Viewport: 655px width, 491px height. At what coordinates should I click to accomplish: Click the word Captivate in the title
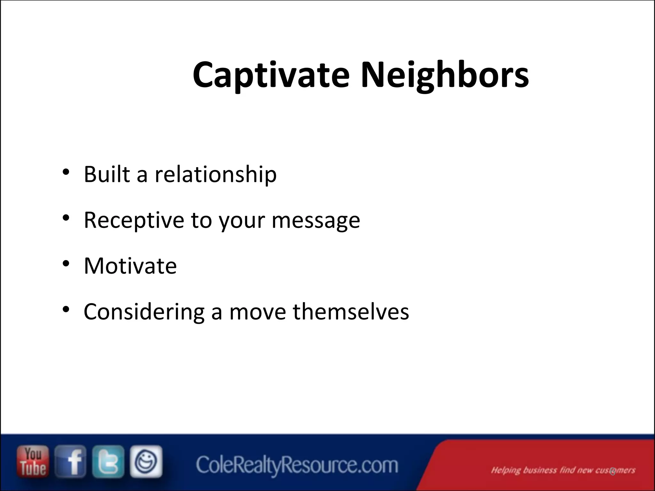tap(271, 75)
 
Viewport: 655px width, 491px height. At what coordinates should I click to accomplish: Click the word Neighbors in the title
tap(445, 75)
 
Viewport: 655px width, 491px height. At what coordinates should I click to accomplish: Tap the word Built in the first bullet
tap(107, 174)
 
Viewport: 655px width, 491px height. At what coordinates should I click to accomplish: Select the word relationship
tap(216, 174)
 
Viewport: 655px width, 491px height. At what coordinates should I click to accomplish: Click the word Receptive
tap(134, 220)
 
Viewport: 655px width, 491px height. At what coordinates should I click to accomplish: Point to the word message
tap(316, 221)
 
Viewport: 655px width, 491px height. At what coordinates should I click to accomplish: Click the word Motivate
tap(130, 266)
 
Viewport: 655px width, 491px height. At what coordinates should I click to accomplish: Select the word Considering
tap(144, 312)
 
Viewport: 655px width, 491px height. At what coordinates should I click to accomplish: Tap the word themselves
tap(351, 311)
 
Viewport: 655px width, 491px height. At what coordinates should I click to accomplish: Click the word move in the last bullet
tap(257, 312)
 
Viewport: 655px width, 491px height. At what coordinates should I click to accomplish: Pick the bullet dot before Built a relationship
tap(66, 172)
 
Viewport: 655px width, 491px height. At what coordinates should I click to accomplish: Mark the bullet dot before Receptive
tap(66, 218)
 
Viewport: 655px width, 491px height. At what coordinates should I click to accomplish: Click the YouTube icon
tap(33, 462)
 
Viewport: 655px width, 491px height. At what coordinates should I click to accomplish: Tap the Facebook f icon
tap(71, 462)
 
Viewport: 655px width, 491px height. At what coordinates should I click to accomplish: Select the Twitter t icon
tap(108, 462)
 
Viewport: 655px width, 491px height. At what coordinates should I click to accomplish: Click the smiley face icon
tap(146, 461)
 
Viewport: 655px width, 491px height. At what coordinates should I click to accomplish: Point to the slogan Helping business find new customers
tap(563, 470)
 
